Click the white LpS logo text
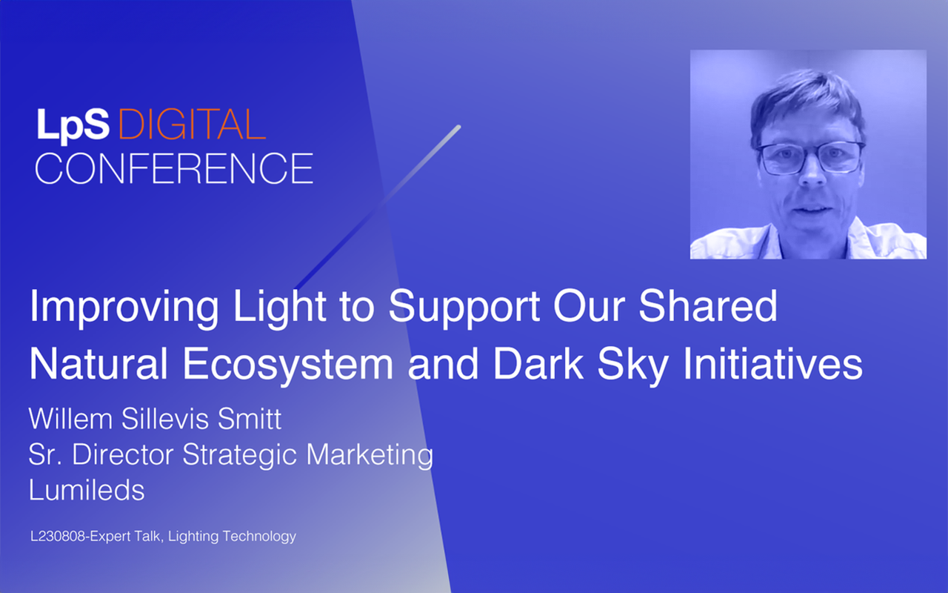point(73,125)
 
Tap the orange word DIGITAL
point(192,125)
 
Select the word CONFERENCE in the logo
point(174,168)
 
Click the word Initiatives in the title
point(772,362)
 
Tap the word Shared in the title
point(707,306)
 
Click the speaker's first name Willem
point(70,419)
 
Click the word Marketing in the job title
point(370,456)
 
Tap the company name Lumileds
point(87,490)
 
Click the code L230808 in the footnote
point(58,536)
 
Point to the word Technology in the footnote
point(259,537)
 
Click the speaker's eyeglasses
point(810,158)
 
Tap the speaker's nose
point(811,173)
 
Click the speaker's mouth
point(812,210)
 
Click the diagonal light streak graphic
point(378,207)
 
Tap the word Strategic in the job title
point(239,456)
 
